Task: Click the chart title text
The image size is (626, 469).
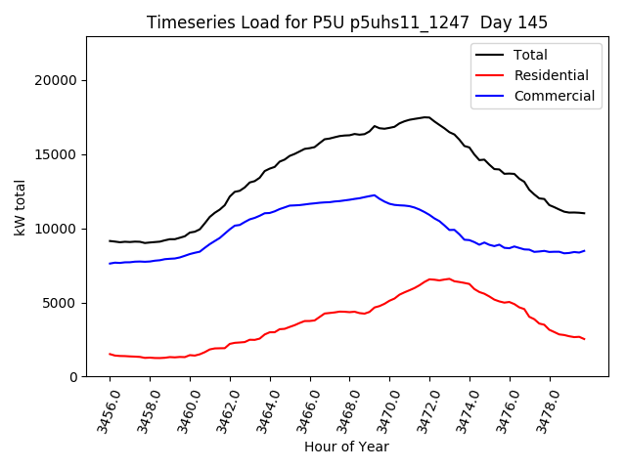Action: coord(347,22)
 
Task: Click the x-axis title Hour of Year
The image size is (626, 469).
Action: coord(346,447)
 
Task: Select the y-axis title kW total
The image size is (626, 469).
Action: coord(20,207)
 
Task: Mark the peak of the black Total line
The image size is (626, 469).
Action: coord(426,117)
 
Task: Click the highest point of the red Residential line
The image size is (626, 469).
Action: coord(430,278)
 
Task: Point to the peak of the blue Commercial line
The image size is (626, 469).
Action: coord(374,194)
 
